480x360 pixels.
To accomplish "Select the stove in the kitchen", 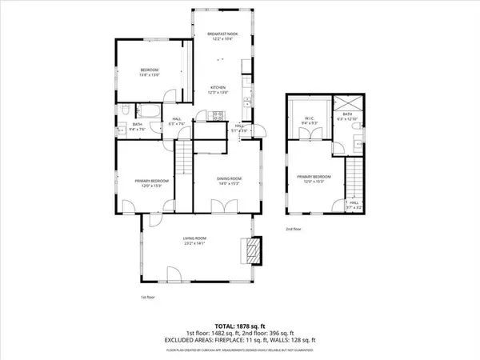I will tap(216, 116).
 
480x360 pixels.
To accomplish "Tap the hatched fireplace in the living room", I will tap(253, 250).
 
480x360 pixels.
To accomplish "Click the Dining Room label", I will tap(229, 180).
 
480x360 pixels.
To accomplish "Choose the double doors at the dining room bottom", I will tap(225, 207).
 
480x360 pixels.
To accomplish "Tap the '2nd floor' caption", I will tap(294, 229).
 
